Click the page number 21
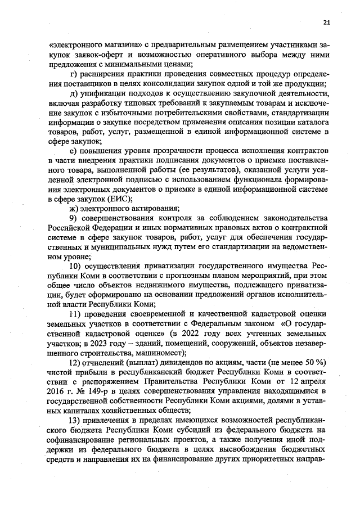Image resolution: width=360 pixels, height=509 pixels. click(326, 22)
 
